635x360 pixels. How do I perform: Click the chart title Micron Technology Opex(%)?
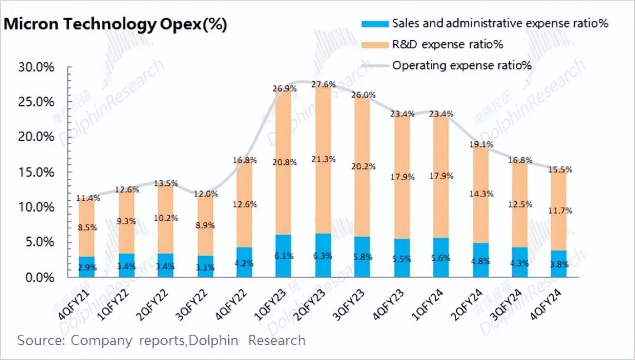pyautogui.click(x=116, y=25)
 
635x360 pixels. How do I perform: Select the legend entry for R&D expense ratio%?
pyautogui.click(x=447, y=44)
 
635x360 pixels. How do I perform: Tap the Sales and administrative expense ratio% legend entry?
pyautogui.click(x=500, y=24)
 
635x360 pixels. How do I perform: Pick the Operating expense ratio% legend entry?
pyautogui.click(x=462, y=65)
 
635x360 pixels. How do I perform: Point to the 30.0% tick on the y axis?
pyautogui.click(x=36, y=67)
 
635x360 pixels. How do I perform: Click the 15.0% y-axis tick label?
pyautogui.click(x=36, y=172)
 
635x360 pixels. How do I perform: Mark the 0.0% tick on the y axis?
pyautogui.click(x=39, y=277)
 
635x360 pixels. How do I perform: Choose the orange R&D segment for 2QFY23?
pyautogui.click(x=323, y=159)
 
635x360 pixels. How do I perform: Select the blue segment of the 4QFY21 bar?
pyautogui.click(x=86, y=267)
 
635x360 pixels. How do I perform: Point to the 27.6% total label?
pyautogui.click(x=323, y=85)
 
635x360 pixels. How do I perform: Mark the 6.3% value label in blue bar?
pyautogui.click(x=323, y=255)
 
